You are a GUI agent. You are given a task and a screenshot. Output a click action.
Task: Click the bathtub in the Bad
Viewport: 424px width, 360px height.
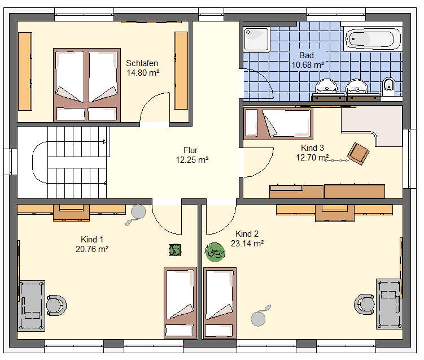coord(371,38)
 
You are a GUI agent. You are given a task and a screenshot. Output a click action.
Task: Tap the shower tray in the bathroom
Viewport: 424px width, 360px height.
coord(257,39)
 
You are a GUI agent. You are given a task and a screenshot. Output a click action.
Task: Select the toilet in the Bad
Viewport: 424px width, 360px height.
coord(389,86)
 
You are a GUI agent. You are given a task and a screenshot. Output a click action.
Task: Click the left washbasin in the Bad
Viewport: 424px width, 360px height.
coord(327,86)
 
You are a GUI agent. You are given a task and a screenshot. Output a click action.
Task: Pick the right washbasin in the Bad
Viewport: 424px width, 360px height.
coord(357,86)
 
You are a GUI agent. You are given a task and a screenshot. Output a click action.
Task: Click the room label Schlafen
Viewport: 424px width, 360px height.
coord(142,63)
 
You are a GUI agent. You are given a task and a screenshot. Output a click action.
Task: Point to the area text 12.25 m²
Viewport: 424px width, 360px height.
coord(192,160)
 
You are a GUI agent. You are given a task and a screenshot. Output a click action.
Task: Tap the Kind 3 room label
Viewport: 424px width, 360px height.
coord(312,148)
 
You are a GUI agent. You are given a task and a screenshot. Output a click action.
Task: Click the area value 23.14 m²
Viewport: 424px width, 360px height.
coord(247,244)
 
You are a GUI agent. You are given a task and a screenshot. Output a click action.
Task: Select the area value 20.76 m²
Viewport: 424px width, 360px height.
coord(92,249)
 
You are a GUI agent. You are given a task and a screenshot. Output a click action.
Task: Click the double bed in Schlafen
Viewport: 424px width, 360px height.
coord(87,85)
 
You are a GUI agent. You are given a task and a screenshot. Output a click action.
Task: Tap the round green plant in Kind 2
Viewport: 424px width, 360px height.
coord(215,252)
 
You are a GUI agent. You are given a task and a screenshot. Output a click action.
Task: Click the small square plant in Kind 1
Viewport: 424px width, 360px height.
coord(174,250)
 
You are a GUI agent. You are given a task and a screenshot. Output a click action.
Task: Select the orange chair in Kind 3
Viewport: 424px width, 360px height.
coord(359,154)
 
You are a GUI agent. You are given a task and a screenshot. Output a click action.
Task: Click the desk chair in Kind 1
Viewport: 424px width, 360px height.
coord(56,305)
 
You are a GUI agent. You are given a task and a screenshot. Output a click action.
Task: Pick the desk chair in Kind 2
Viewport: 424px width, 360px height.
coord(364,304)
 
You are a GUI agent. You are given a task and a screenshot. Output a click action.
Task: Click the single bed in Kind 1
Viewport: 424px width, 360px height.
coord(180,302)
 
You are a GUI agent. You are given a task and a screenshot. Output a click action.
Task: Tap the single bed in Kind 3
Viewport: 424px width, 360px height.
coord(278,123)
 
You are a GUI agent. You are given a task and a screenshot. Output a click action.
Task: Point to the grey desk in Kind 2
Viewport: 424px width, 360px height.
coord(389,304)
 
